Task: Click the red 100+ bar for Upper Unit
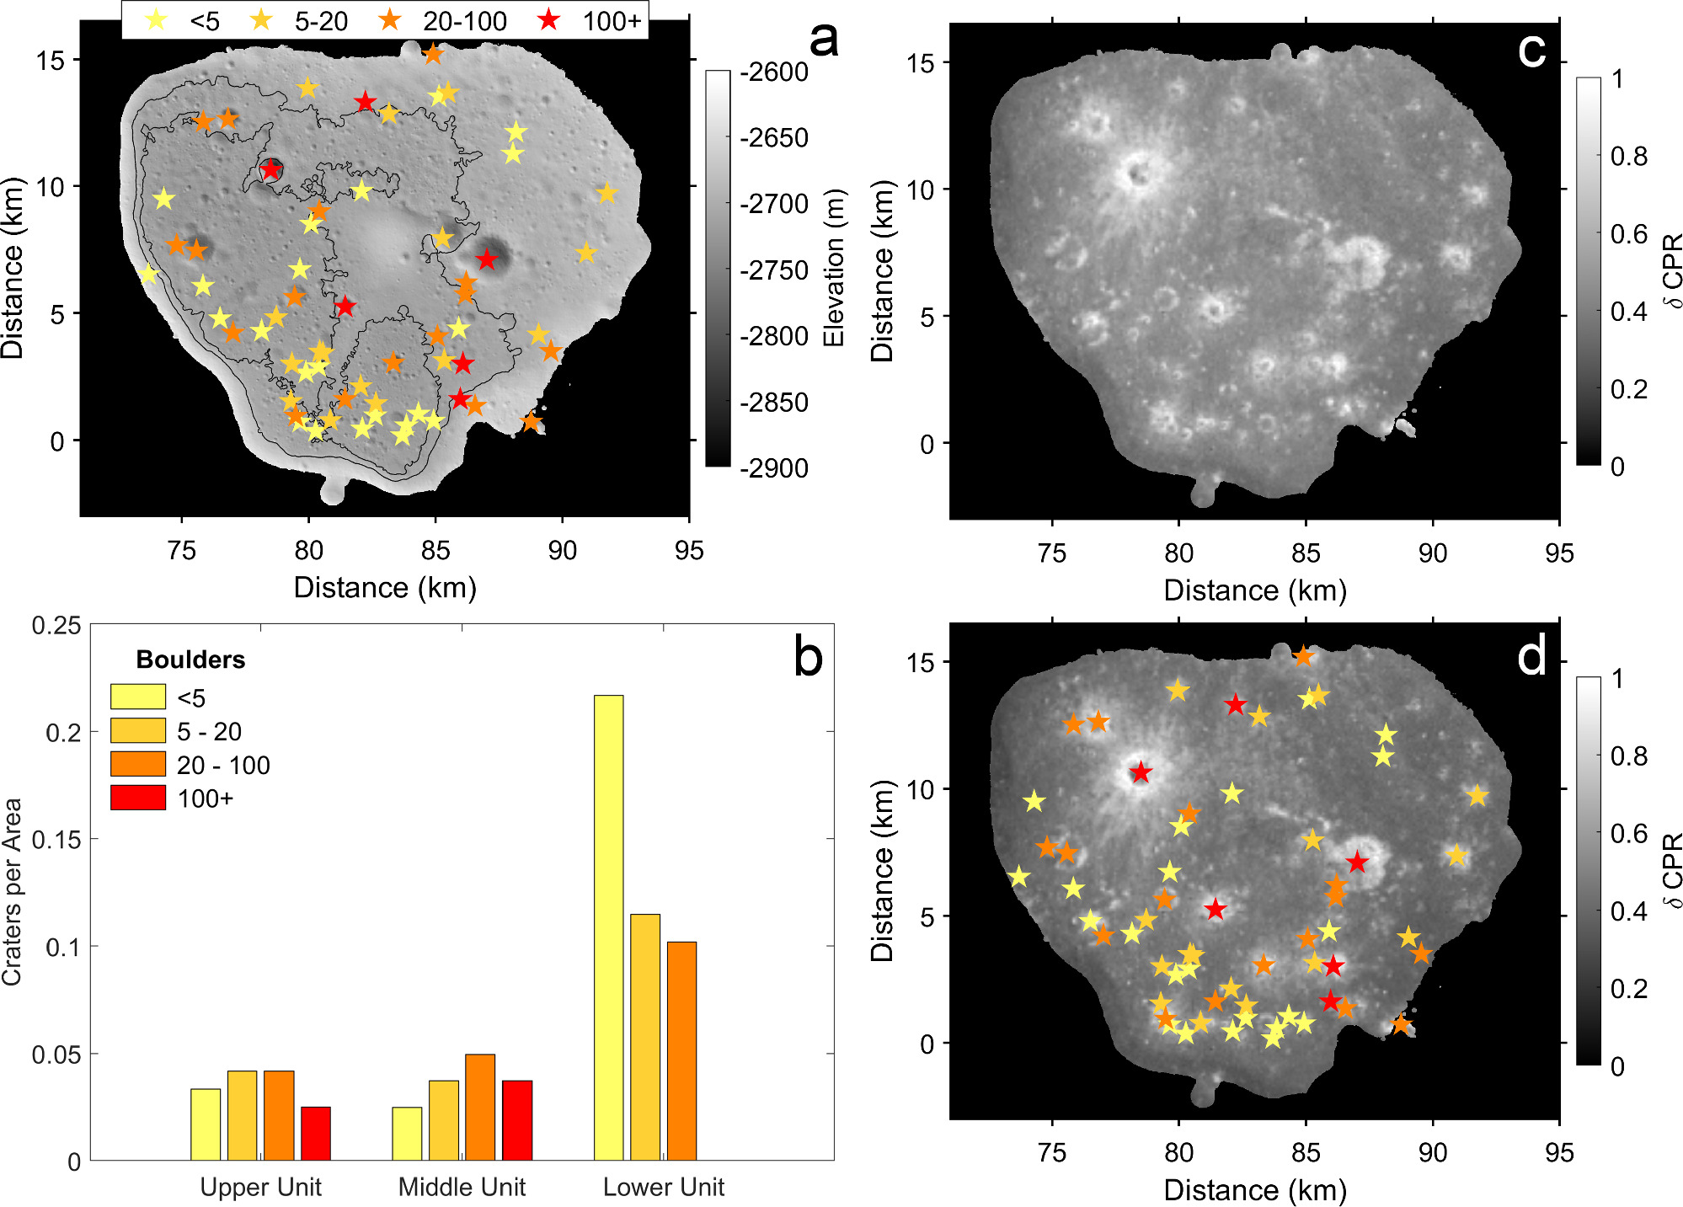point(316,1133)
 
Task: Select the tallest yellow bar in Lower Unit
point(608,927)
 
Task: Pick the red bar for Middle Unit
point(517,1120)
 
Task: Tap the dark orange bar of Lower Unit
point(681,1050)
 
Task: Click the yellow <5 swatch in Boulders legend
point(138,697)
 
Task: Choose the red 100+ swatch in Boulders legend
point(138,798)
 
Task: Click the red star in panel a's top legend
point(549,19)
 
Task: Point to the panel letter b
point(808,658)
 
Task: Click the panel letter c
point(1531,51)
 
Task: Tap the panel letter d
point(1531,654)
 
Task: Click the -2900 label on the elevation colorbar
point(773,468)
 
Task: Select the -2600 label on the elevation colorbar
point(773,72)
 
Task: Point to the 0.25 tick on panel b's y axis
point(56,625)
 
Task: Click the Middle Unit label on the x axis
point(462,1187)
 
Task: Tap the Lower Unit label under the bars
point(664,1187)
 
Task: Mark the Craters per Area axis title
point(12,891)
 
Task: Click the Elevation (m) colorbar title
point(833,268)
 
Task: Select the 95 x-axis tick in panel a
point(689,551)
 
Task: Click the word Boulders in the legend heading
point(190,660)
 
